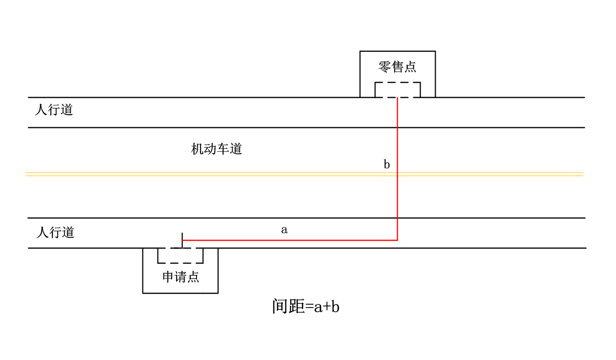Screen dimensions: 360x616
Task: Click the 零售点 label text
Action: (x=398, y=67)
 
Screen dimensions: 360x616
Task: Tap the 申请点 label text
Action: (x=180, y=277)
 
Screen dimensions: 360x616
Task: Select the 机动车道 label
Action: (x=217, y=150)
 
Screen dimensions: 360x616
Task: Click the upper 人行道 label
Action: (x=54, y=110)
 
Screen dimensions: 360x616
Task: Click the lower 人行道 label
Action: (x=56, y=232)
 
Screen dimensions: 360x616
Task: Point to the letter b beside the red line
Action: (x=387, y=165)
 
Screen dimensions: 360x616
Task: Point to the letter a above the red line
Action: (x=284, y=230)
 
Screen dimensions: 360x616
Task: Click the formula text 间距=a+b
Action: (x=306, y=306)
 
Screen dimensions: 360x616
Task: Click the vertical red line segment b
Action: (x=398, y=197)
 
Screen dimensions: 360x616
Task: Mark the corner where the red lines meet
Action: (x=398, y=241)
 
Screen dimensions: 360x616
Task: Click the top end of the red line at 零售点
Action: (x=398, y=98)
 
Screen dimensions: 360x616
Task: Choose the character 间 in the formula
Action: (x=280, y=306)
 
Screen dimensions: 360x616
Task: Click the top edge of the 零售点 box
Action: (x=398, y=51)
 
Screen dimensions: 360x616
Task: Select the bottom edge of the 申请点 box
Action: (x=180, y=293)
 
